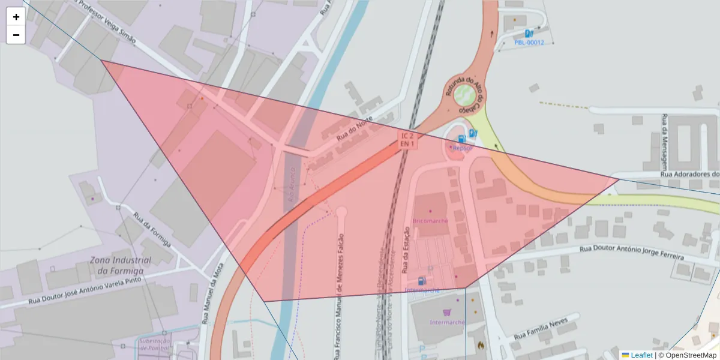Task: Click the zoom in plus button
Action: point(16,17)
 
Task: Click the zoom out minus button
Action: point(16,35)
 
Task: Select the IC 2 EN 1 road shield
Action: point(407,140)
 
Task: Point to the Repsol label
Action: point(463,148)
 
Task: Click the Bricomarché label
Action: point(430,221)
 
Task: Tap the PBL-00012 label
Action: point(529,43)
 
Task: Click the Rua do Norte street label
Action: point(355,129)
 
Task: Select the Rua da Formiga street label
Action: point(152,230)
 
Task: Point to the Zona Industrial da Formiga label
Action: point(121,265)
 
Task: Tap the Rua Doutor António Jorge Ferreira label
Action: point(632,252)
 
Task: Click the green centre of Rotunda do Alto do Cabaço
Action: point(464,94)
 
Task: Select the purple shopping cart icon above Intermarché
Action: point(446,312)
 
